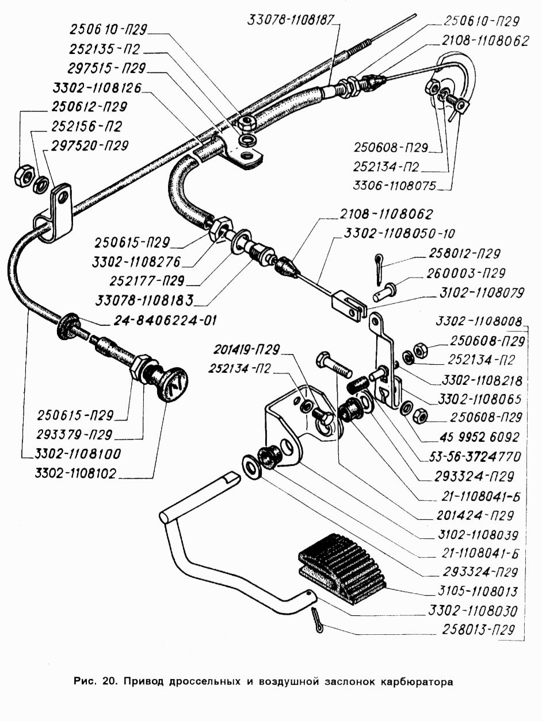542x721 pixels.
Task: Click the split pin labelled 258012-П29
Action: (377, 268)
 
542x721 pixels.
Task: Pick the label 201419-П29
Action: (247, 349)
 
